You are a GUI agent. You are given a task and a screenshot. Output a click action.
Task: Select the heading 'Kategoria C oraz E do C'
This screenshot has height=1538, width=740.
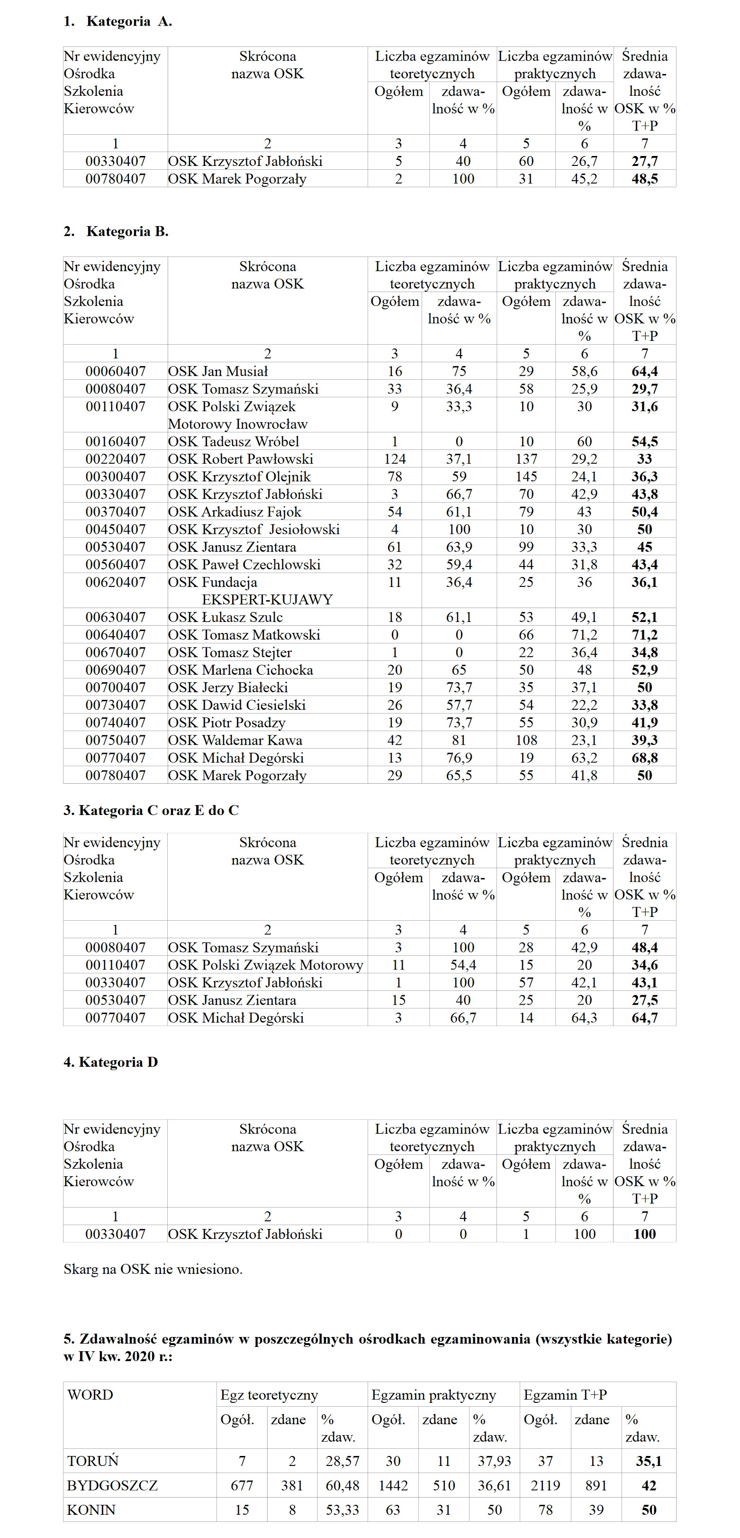pos(158,810)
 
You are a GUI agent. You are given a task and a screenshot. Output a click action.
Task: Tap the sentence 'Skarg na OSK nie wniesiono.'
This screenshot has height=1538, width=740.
pos(153,1269)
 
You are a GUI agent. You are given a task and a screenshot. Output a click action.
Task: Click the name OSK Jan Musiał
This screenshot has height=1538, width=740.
pos(218,371)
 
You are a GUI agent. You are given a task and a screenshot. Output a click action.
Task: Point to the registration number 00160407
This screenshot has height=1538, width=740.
pos(115,442)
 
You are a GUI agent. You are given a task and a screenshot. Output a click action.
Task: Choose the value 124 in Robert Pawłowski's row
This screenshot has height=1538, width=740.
pos(395,459)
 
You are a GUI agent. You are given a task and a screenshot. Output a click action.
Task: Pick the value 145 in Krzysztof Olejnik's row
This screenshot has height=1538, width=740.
pos(526,476)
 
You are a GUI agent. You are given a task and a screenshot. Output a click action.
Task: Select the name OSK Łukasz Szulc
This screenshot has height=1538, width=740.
pos(225,617)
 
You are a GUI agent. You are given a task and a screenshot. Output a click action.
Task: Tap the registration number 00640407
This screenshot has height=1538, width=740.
pos(115,635)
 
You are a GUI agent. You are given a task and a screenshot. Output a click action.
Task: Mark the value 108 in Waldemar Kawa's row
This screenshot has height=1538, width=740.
pos(526,741)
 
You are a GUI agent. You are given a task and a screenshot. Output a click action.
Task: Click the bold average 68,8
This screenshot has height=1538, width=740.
pos(644,758)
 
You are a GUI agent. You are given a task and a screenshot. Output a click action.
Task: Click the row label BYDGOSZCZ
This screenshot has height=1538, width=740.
pos(112,1485)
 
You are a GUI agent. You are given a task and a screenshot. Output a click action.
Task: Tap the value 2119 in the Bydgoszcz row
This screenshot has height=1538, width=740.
pos(545,1485)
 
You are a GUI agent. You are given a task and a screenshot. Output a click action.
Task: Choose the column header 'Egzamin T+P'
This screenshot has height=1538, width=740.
pos(565,1395)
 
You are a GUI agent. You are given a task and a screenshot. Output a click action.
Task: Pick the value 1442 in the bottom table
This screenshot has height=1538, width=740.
pos(393,1485)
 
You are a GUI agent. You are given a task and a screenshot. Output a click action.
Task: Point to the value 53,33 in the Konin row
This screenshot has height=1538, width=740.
pos(342,1510)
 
